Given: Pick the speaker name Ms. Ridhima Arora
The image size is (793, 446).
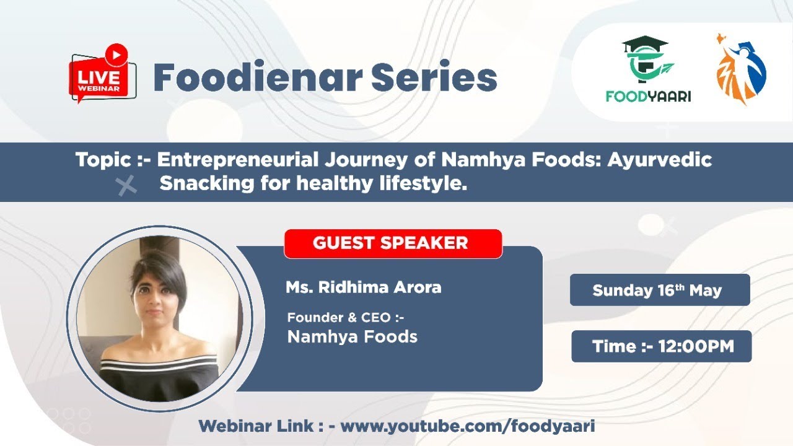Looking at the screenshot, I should [363, 288].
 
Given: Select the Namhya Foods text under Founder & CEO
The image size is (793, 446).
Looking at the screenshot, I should [352, 337].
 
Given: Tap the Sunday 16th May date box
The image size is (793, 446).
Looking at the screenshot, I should [659, 290].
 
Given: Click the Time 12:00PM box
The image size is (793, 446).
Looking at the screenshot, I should [661, 346].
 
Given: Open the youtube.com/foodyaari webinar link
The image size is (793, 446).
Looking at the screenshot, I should [468, 426].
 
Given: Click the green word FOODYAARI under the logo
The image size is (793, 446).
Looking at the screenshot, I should [648, 97].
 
